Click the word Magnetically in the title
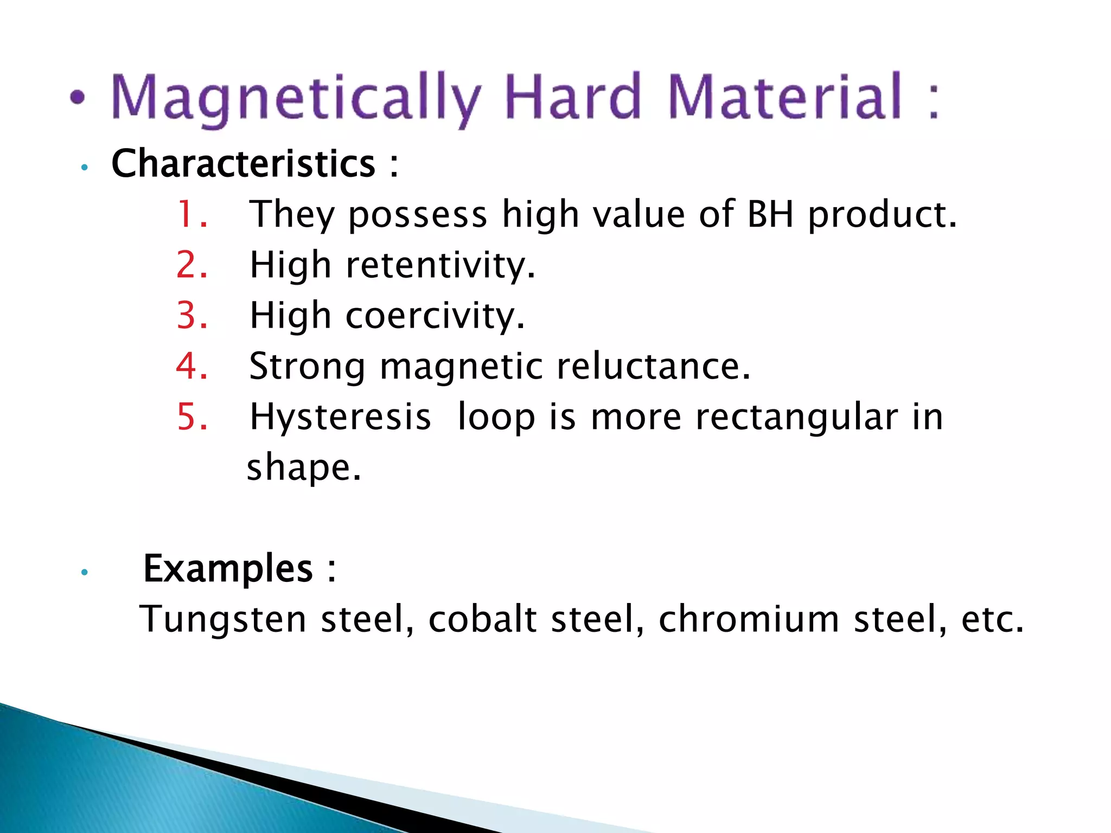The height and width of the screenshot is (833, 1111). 296,98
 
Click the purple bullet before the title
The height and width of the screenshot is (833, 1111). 78,98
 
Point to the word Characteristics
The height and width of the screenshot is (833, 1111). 243,163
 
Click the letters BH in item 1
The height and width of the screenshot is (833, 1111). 770,214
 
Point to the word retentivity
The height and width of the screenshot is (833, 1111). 440,266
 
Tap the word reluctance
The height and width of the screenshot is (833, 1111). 654,366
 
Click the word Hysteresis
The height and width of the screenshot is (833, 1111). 340,418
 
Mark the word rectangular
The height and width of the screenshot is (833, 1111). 796,418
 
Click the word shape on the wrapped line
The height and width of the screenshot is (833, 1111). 303,467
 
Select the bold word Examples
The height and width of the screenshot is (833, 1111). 228,569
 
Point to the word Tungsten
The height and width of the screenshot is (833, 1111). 223,620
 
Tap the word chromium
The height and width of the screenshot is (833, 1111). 749,619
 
